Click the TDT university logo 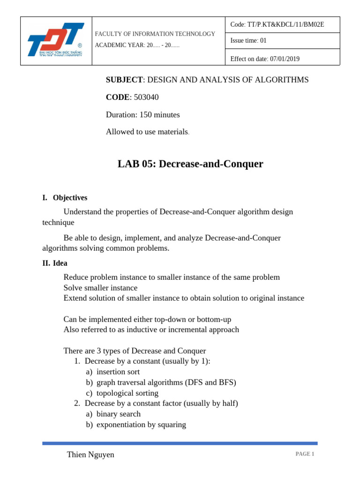56,41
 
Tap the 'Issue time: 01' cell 248,41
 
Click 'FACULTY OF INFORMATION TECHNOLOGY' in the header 155,34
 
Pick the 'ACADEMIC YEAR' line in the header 137,45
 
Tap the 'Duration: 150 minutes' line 142,114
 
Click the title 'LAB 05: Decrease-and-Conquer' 190,164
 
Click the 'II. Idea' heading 55,263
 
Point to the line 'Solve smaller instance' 100,287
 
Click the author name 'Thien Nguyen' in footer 90,455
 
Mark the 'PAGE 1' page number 305,454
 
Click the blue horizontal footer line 180,443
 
